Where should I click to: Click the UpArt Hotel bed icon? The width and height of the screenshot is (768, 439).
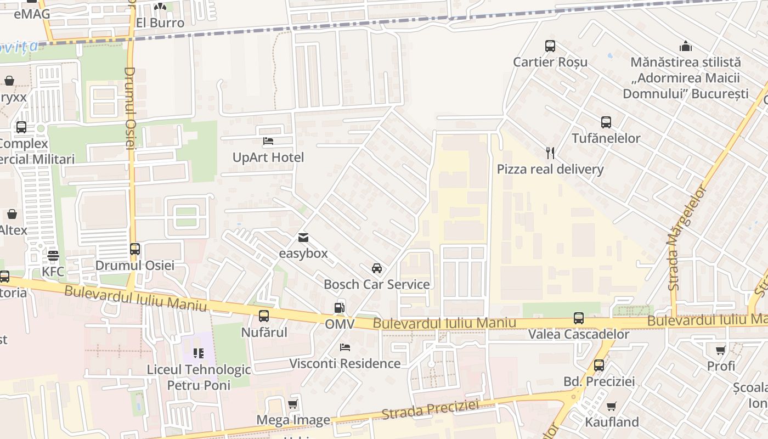pyautogui.click(x=268, y=142)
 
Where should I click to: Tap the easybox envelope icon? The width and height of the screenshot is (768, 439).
pyautogui.click(x=303, y=238)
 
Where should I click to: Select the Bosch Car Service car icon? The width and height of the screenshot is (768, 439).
pyautogui.click(x=377, y=268)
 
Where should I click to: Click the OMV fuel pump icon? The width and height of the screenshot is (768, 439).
pyautogui.click(x=340, y=308)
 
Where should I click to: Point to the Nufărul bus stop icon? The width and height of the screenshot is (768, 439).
pyautogui.click(x=264, y=316)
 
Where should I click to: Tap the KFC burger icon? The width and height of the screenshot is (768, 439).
pyautogui.click(x=53, y=255)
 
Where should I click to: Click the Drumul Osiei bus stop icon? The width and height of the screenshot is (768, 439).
pyautogui.click(x=135, y=249)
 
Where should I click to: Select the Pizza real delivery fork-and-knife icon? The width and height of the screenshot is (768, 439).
pyautogui.click(x=550, y=153)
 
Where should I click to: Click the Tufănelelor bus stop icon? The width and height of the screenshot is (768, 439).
pyautogui.click(x=606, y=122)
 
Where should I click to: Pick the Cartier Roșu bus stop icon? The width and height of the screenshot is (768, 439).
pyautogui.click(x=550, y=46)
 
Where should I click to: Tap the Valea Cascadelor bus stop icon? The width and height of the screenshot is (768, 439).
pyautogui.click(x=579, y=318)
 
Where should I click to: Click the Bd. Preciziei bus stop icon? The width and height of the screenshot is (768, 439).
pyautogui.click(x=599, y=365)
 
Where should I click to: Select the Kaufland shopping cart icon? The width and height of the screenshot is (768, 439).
pyautogui.click(x=612, y=406)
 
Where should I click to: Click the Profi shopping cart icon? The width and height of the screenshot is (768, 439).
pyautogui.click(x=721, y=350)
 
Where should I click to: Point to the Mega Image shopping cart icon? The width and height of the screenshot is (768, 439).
pyautogui.click(x=293, y=404)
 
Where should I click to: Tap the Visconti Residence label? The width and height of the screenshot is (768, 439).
pyautogui.click(x=345, y=363)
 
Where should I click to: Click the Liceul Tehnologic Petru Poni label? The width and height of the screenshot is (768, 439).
pyautogui.click(x=199, y=377)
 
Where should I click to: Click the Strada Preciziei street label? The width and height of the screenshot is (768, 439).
pyautogui.click(x=430, y=410)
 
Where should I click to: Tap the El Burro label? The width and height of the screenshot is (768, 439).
pyautogui.click(x=160, y=23)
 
